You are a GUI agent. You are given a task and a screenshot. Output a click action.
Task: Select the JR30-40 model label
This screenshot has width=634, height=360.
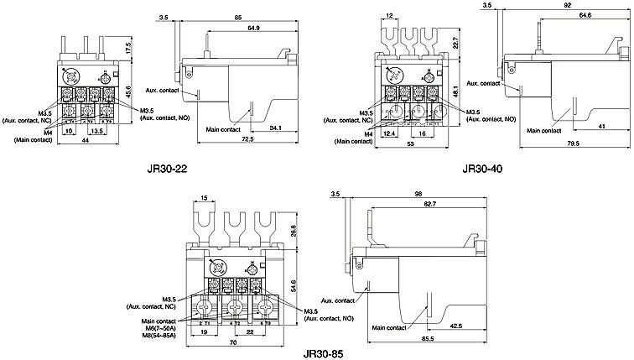pyautogui.click(x=482, y=170)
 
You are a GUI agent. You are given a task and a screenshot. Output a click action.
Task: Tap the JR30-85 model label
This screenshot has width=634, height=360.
pyautogui.click(x=325, y=353)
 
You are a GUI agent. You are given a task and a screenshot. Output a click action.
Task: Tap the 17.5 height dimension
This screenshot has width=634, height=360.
pyautogui.click(x=130, y=50)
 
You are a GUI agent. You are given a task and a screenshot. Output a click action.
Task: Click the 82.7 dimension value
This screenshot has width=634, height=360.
pyautogui.click(x=429, y=204)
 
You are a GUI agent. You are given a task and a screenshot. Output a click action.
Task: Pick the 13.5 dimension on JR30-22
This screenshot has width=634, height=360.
pyautogui.click(x=96, y=131)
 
